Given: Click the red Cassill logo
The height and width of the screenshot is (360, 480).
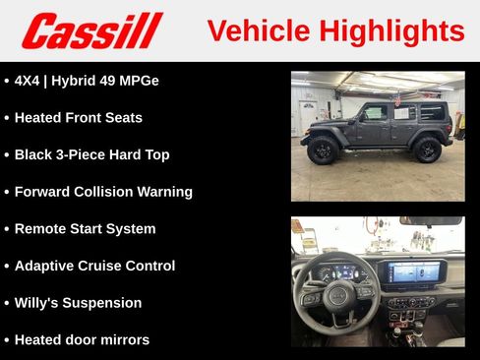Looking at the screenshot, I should point(91,30).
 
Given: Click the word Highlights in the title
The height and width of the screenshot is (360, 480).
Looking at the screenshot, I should point(390,30).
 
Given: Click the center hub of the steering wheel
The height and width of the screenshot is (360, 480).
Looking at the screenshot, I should point(336,295).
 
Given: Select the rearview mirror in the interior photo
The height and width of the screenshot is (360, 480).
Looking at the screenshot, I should point(430,221).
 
